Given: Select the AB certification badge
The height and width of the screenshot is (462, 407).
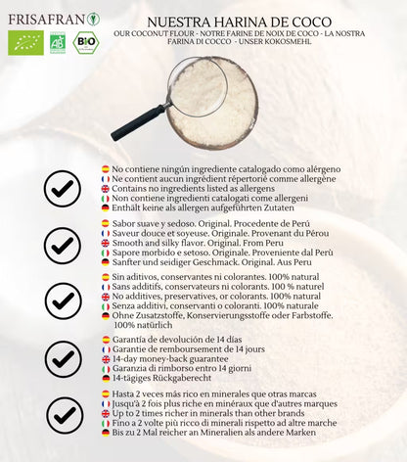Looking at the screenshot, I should coord(58,42).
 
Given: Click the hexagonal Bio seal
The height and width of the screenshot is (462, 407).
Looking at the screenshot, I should coord(86,42).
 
